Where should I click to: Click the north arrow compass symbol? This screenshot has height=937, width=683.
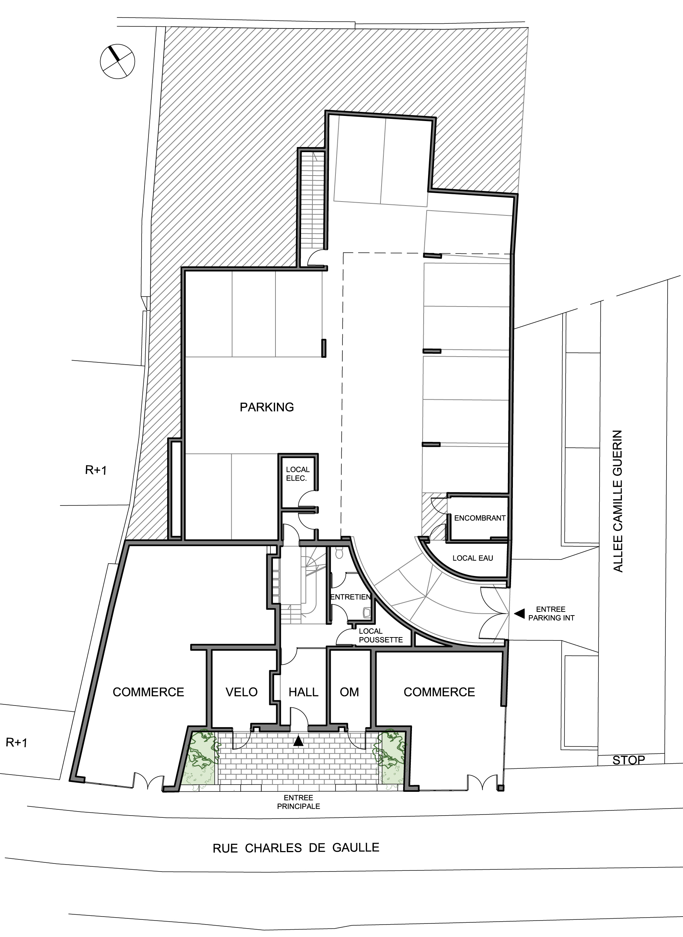pyautogui.click(x=117, y=61)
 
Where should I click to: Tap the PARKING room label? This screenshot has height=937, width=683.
pyautogui.click(x=267, y=407)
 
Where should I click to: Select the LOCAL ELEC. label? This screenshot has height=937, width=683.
pyautogui.click(x=297, y=474)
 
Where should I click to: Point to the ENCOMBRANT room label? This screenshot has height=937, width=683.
pyautogui.click(x=480, y=518)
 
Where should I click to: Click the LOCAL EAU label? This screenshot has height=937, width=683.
pyautogui.click(x=473, y=558)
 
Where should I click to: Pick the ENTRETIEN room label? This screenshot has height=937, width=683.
pyautogui.click(x=350, y=597)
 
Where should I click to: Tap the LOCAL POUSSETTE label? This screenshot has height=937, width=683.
pyautogui.click(x=381, y=635)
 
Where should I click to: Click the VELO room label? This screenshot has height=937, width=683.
pyautogui.click(x=241, y=692)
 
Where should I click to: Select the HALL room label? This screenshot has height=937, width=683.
pyautogui.click(x=304, y=692)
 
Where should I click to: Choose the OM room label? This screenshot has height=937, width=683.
pyautogui.click(x=349, y=692)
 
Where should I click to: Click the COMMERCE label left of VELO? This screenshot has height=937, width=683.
pyautogui.click(x=149, y=692)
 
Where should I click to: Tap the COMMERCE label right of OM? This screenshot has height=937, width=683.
pyautogui.click(x=439, y=692)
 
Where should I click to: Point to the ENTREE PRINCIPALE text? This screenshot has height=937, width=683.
pyautogui.click(x=299, y=802)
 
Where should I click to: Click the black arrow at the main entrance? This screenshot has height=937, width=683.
pyautogui.click(x=298, y=741)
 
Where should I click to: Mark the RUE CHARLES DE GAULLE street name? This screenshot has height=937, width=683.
pyautogui.click(x=296, y=848)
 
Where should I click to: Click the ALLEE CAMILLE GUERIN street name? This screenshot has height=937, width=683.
pyautogui.click(x=618, y=501)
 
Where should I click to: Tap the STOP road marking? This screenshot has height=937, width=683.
pyautogui.click(x=628, y=760)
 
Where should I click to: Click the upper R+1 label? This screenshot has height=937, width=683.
pyautogui.click(x=96, y=470)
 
